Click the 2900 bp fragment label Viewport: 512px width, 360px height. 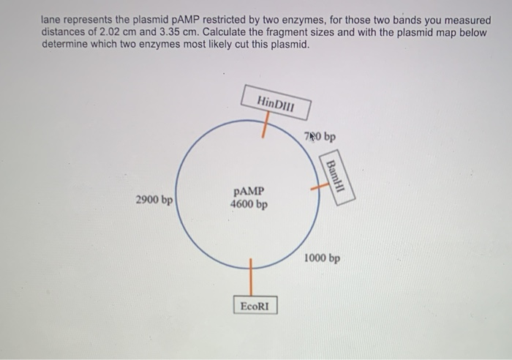tap(154, 199)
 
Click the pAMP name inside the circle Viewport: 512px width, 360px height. tap(248, 192)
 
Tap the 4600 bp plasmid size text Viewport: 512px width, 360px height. tap(248, 204)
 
